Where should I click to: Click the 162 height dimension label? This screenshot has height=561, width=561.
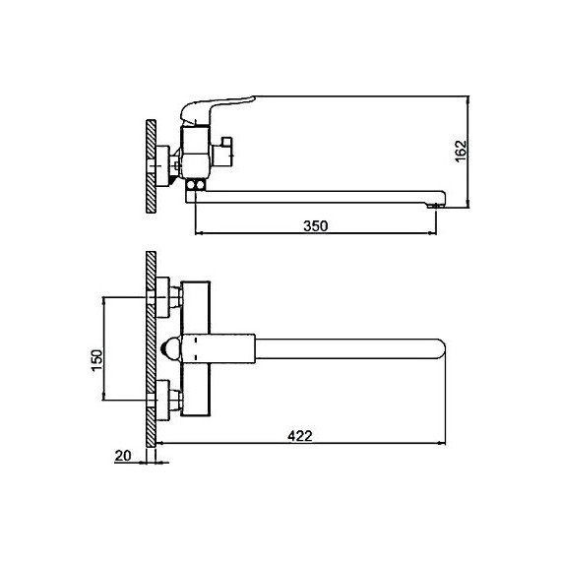tap(462, 151)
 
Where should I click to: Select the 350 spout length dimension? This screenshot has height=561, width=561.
tap(315, 226)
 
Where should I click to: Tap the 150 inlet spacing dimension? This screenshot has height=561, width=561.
tap(96, 360)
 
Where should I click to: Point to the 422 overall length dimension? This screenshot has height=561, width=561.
tap(300, 436)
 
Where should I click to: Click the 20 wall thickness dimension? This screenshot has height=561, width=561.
tap(123, 456)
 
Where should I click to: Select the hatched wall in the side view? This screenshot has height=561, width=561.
tap(151, 166)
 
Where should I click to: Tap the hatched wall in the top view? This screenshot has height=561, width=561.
tap(151, 349)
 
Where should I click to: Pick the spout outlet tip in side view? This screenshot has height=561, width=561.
tap(436, 206)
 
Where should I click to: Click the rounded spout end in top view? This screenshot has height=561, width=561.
tap(439, 348)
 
